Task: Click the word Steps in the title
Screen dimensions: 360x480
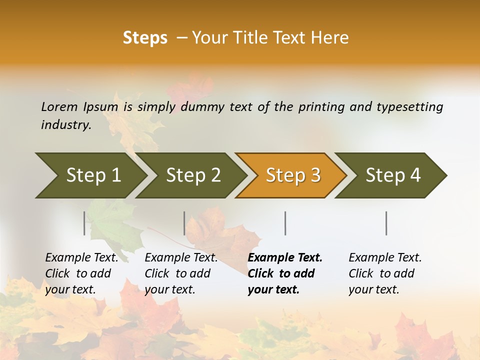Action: [x=145, y=38]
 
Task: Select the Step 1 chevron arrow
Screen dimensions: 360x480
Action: [x=93, y=175]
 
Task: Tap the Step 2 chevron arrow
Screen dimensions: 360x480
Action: [x=193, y=175]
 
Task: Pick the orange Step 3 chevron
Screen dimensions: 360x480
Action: [x=293, y=175]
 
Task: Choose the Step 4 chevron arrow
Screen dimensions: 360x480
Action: [x=393, y=175]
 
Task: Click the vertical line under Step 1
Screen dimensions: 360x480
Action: [x=84, y=223]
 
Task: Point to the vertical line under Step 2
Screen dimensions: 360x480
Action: [x=184, y=223]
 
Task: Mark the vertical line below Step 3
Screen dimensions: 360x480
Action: [x=285, y=223]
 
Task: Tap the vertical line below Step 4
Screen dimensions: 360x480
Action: [x=386, y=223]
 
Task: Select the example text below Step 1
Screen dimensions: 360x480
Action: [x=81, y=273]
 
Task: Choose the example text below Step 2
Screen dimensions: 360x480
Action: [x=181, y=273]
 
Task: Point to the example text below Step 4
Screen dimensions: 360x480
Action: [x=385, y=273]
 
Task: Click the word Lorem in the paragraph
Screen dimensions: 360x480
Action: [x=59, y=106]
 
